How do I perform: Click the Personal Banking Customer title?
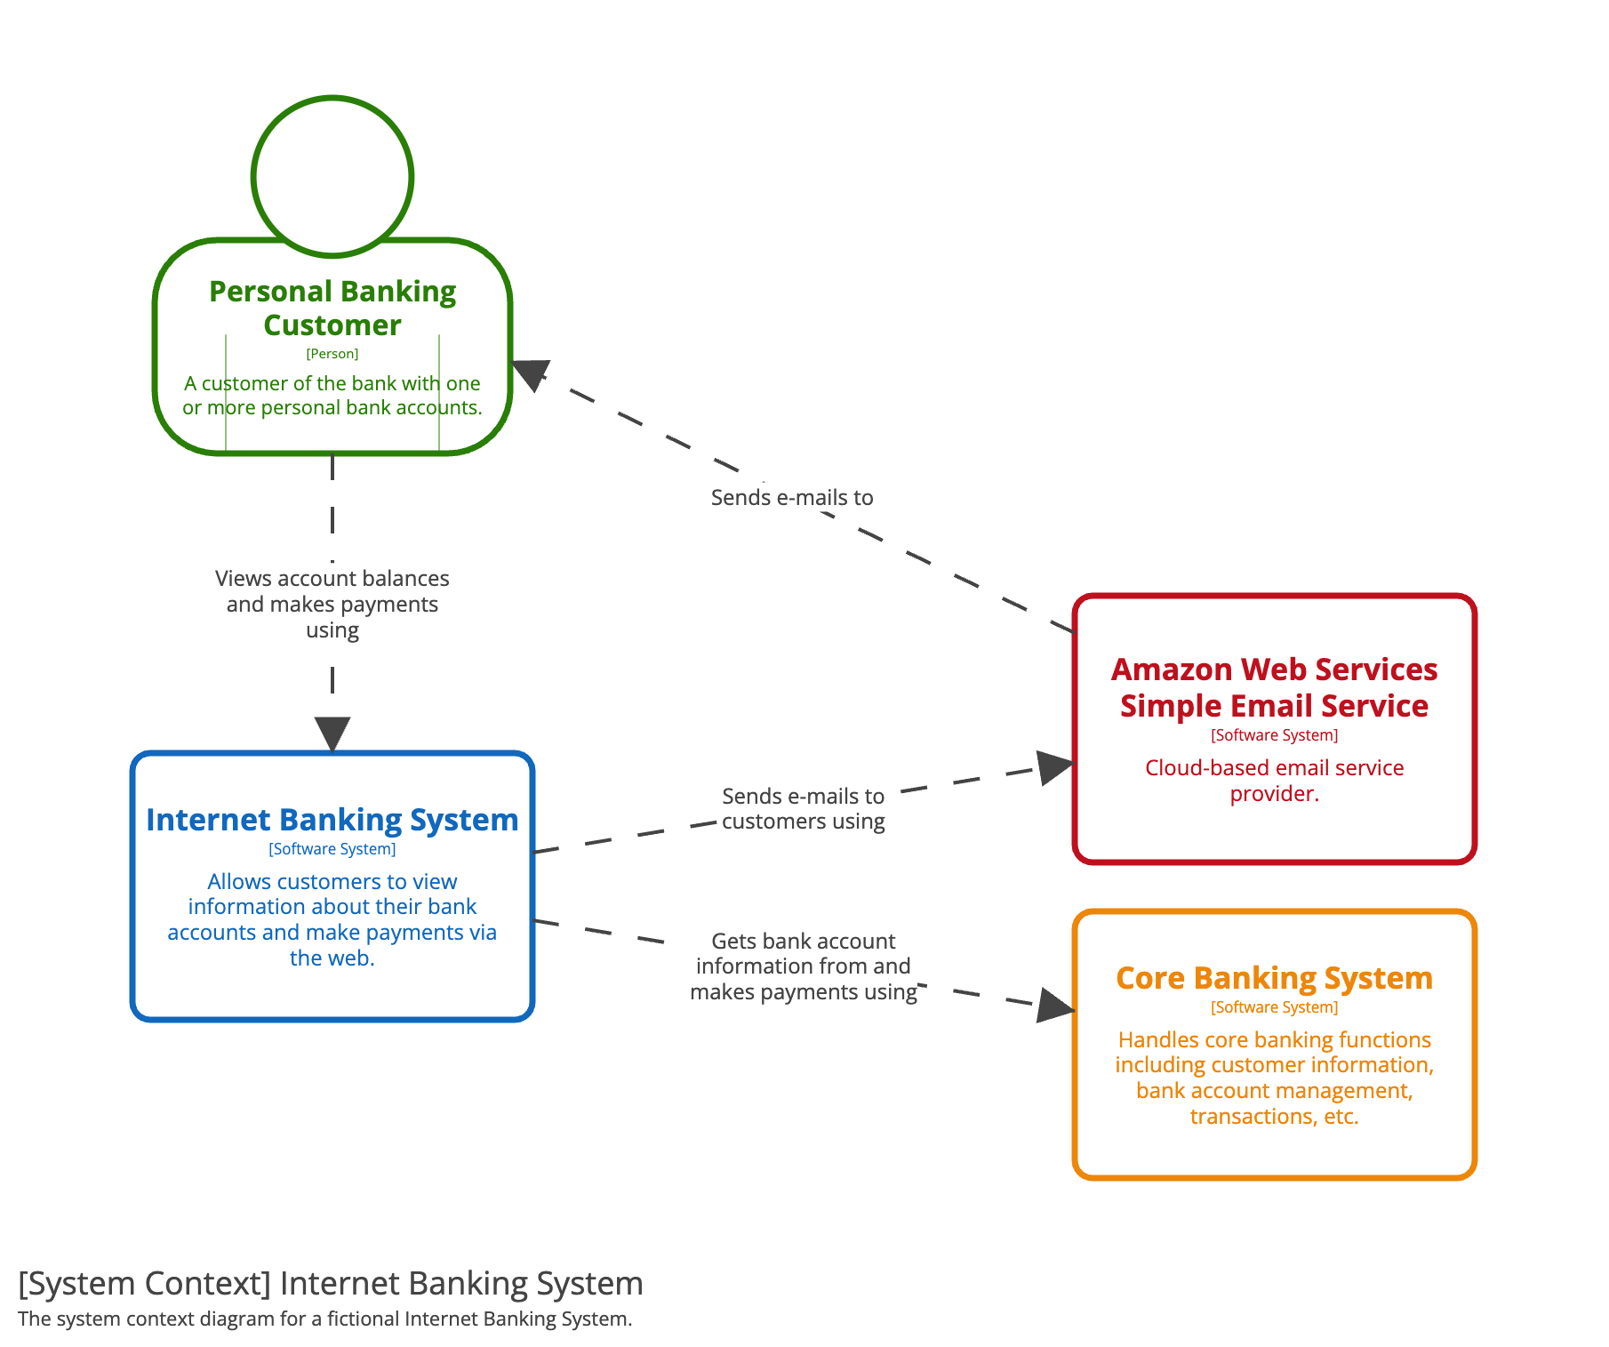point(332,308)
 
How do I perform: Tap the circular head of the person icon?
point(332,99)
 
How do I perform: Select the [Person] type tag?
point(332,354)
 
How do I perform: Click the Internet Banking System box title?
point(332,819)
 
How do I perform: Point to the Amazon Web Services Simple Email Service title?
point(1274,687)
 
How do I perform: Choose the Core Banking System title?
point(1274,978)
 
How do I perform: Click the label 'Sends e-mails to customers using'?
point(804,808)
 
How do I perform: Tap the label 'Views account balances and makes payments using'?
point(332,604)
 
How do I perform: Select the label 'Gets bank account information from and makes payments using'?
point(804,966)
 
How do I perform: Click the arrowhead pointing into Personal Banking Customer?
point(530,374)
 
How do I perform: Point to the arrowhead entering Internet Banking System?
point(332,735)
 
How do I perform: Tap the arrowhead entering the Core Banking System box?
point(1056,1006)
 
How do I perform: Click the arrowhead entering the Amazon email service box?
point(1056,767)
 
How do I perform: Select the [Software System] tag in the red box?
point(1274,735)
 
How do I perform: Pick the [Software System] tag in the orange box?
point(1274,1007)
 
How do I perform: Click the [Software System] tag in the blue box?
point(332,849)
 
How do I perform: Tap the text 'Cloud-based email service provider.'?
point(1274,781)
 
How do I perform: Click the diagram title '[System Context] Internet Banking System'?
point(331,1284)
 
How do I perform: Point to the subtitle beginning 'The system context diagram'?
point(325,1319)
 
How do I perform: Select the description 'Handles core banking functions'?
point(1274,1039)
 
